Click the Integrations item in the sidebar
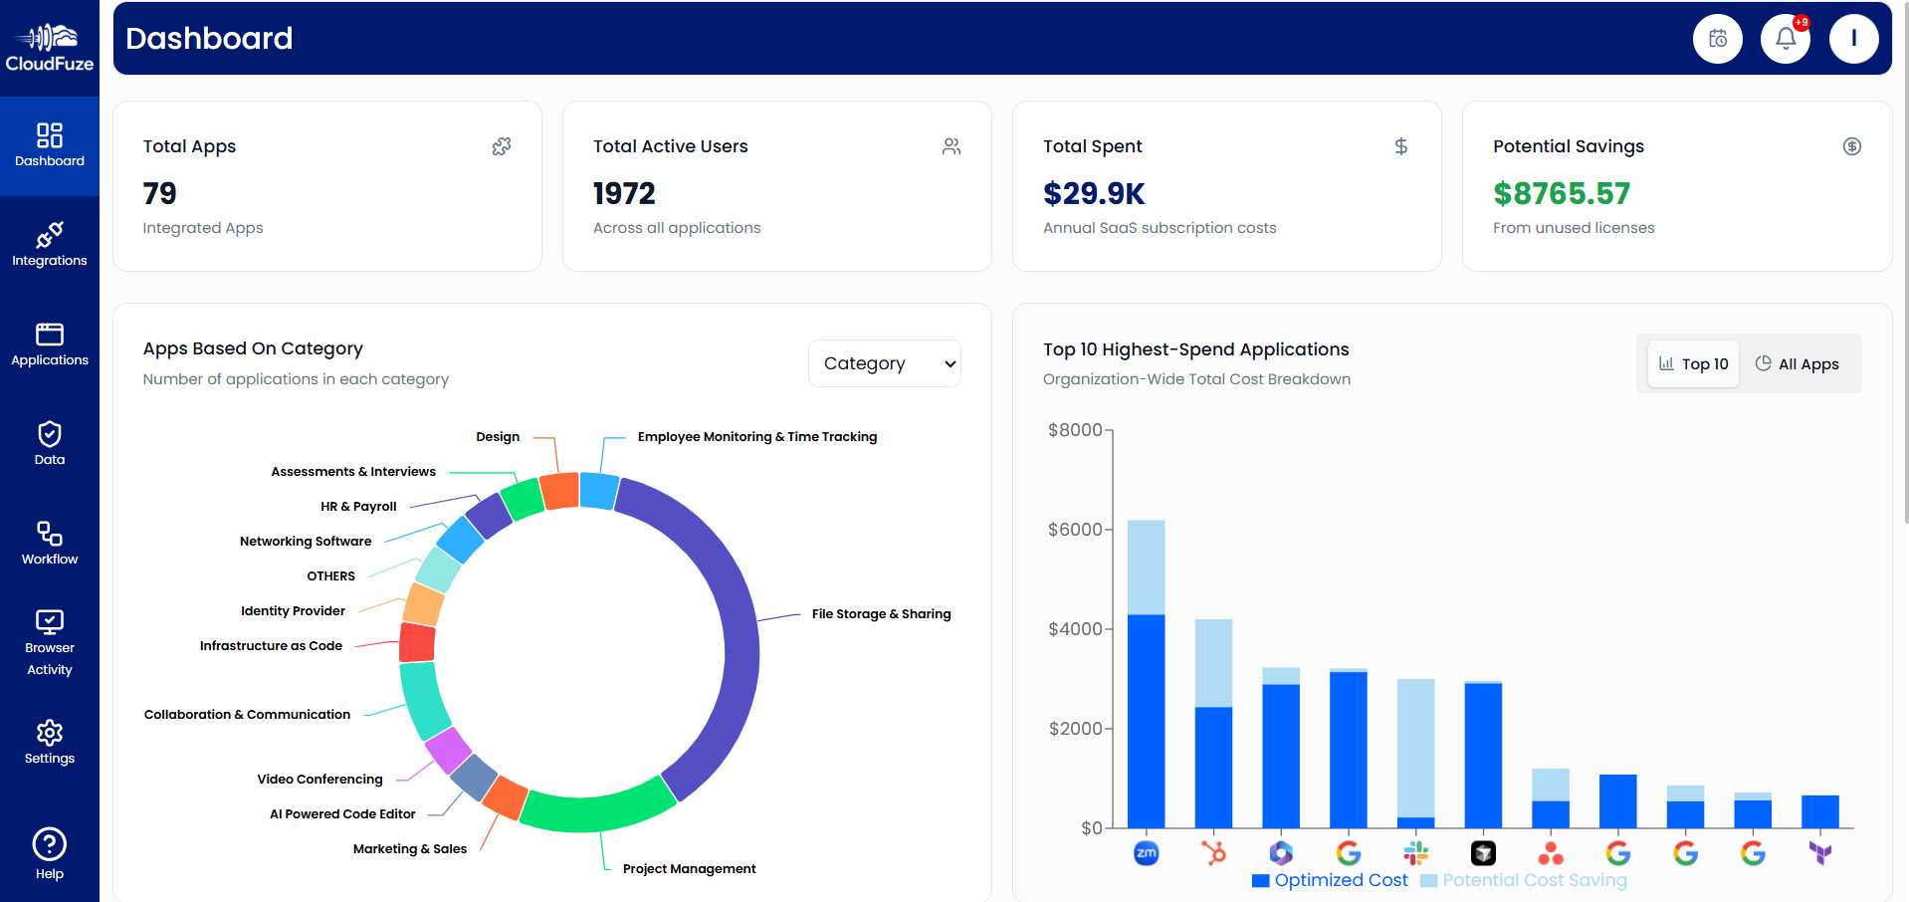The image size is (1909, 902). (x=49, y=245)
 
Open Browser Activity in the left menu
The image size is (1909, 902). (x=49, y=642)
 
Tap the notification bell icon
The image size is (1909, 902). (x=1786, y=39)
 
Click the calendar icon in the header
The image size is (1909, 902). (x=1717, y=39)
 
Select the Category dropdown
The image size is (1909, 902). (x=884, y=363)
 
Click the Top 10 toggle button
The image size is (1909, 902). (x=1693, y=363)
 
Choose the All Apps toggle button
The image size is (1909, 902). (x=1797, y=363)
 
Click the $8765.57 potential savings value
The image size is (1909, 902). (x=1561, y=193)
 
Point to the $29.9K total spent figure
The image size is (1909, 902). (x=1093, y=193)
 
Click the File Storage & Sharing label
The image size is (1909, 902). (x=881, y=614)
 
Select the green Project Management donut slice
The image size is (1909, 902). (x=597, y=809)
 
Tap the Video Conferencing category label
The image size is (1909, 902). (x=319, y=780)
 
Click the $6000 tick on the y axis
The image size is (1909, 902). (x=1075, y=530)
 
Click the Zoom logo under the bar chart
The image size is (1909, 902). (x=1147, y=853)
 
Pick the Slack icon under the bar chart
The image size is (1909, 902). (x=1416, y=853)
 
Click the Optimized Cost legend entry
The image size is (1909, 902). (x=1330, y=880)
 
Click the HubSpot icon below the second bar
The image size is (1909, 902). (x=1213, y=853)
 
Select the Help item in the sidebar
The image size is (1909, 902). (x=49, y=853)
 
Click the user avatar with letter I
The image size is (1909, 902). (x=1853, y=39)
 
